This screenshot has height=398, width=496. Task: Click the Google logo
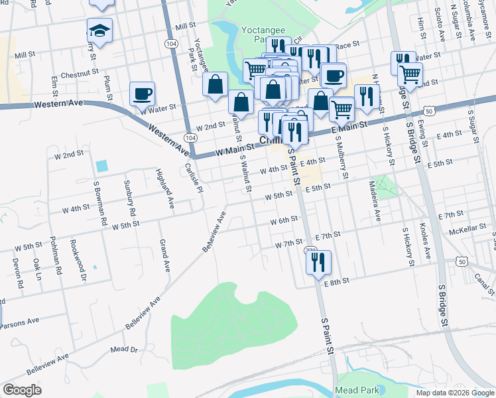pyautogui.click(x=22, y=390)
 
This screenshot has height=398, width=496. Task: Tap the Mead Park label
pyautogui.click(x=357, y=390)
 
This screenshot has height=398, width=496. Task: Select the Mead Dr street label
pyautogui.click(x=124, y=349)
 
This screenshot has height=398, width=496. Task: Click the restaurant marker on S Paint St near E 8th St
pyautogui.click(x=318, y=261)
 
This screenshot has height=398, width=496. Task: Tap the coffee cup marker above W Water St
pyautogui.click(x=142, y=94)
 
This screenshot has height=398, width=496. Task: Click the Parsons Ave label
pyautogui.click(x=19, y=325)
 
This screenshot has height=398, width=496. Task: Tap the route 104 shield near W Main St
pyautogui.click(x=191, y=137)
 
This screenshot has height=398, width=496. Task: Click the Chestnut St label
pyautogui.click(x=79, y=74)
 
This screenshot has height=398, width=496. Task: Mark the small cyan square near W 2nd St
pyautogui.click(x=101, y=165)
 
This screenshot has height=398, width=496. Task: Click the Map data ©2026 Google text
pyautogui.click(x=454, y=393)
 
